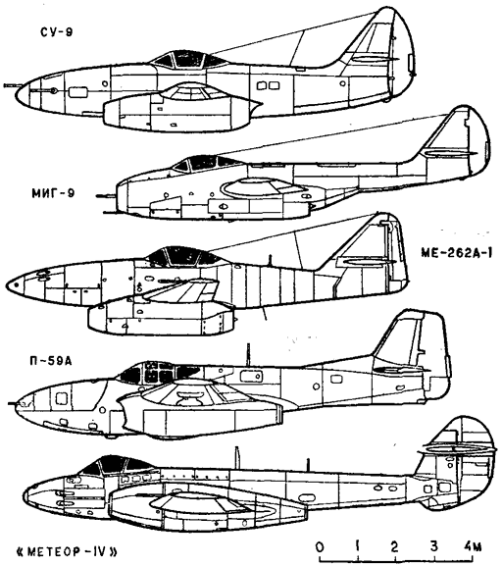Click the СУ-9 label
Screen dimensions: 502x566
point(56,31)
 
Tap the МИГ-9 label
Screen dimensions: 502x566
point(53,193)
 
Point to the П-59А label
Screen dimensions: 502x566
point(51,360)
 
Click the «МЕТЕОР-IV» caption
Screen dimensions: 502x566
point(68,552)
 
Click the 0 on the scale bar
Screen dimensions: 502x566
point(320,546)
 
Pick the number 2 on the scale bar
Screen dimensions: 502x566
point(394,546)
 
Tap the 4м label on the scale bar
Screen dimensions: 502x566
point(473,546)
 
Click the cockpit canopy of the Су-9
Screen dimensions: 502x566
point(188,59)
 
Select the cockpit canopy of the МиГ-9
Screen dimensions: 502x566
point(206,163)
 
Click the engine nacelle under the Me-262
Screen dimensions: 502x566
point(162,319)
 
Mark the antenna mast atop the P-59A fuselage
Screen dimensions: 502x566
point(248,354)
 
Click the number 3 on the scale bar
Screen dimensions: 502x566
point(433,546)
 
